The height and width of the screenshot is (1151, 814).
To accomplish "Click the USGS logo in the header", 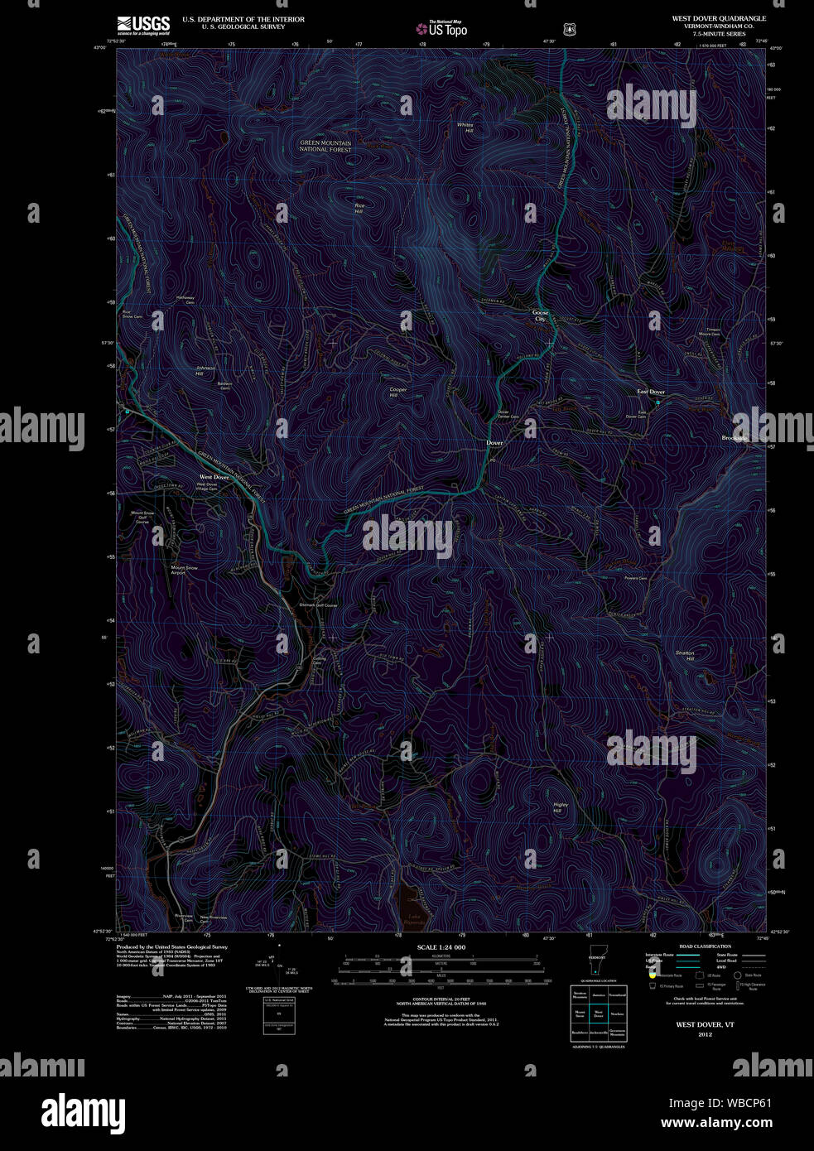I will [143, 25].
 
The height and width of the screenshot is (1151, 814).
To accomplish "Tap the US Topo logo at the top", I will [441, 28].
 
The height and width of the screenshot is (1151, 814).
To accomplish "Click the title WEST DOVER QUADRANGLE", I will [718, 18].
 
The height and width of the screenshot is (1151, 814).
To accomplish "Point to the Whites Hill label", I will [465, 128].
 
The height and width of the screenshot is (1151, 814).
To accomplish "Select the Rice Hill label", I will [359, 209].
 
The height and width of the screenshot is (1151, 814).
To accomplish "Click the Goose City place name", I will [540, 315].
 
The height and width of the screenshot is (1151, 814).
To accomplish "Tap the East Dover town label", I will [651, 392].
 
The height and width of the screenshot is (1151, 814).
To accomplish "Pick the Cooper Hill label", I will [398, 392].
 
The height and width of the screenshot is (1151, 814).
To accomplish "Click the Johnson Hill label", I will [205, 371].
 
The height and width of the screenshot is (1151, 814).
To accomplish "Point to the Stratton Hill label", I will [685, 656].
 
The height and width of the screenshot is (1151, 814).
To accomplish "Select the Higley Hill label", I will [560, 807].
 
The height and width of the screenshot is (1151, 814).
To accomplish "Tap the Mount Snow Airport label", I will [184, 570].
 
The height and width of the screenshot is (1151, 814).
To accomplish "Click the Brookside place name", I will [735, 438].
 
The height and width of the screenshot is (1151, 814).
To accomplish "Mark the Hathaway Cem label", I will [185, 301].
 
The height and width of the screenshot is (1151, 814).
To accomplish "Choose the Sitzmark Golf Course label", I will [318, 605].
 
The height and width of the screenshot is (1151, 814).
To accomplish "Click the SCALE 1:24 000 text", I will [441, 947].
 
